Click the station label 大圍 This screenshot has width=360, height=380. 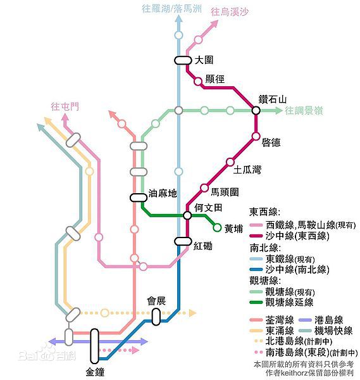coord(204,60)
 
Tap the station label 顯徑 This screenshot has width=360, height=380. coord(216,80)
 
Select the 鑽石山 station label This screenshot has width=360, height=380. coord(273,99)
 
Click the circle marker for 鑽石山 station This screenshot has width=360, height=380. coord(256,110)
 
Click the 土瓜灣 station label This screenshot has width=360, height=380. coord(247,169)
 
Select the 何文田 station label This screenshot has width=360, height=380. coord(208,208)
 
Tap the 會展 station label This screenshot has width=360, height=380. coord(156,301)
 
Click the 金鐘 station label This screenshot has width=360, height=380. coord(95,371)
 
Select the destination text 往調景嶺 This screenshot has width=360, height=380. coord(304,111)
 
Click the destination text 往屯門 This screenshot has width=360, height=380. coord(65,106)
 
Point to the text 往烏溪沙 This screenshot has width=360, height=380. coord(230,11)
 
